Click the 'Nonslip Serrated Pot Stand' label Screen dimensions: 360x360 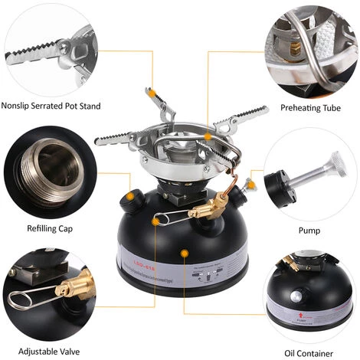pos(52,105)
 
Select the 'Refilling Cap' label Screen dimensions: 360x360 pos(51,227)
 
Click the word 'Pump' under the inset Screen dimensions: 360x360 pos(309,229)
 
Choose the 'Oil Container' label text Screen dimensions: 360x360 pos(309,353)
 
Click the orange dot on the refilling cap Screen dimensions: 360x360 pos(131,196)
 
